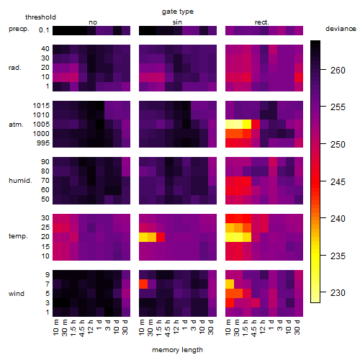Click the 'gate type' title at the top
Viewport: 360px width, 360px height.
[178, 12]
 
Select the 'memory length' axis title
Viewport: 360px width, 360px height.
[177, 350]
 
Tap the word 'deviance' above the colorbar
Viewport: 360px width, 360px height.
[341, 29]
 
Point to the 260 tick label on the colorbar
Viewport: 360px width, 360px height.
[338, 71]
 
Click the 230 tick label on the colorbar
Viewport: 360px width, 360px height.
[338, 293]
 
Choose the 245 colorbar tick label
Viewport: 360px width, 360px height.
[338, 181]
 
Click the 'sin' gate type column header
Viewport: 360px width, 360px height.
[177, 22]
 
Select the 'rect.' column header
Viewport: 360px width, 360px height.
[261, 22]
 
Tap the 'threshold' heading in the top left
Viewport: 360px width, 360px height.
[40, 17]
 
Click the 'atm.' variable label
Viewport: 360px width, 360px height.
[16, 125]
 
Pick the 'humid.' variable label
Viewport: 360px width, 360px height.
[20, 181]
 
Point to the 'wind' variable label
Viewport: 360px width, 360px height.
[17, 294]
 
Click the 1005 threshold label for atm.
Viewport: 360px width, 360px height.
[41, 125]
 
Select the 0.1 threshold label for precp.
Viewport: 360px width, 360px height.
[44, 30]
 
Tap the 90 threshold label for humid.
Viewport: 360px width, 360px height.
[45, 162]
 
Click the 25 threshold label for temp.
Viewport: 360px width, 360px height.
[45, 228]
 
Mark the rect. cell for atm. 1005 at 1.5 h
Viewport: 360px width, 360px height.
[247, 125]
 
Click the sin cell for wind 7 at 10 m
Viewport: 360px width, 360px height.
[143, 284]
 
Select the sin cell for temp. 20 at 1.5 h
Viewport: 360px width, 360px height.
[161, 237]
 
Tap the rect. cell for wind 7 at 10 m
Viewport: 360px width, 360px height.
[230, 284]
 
